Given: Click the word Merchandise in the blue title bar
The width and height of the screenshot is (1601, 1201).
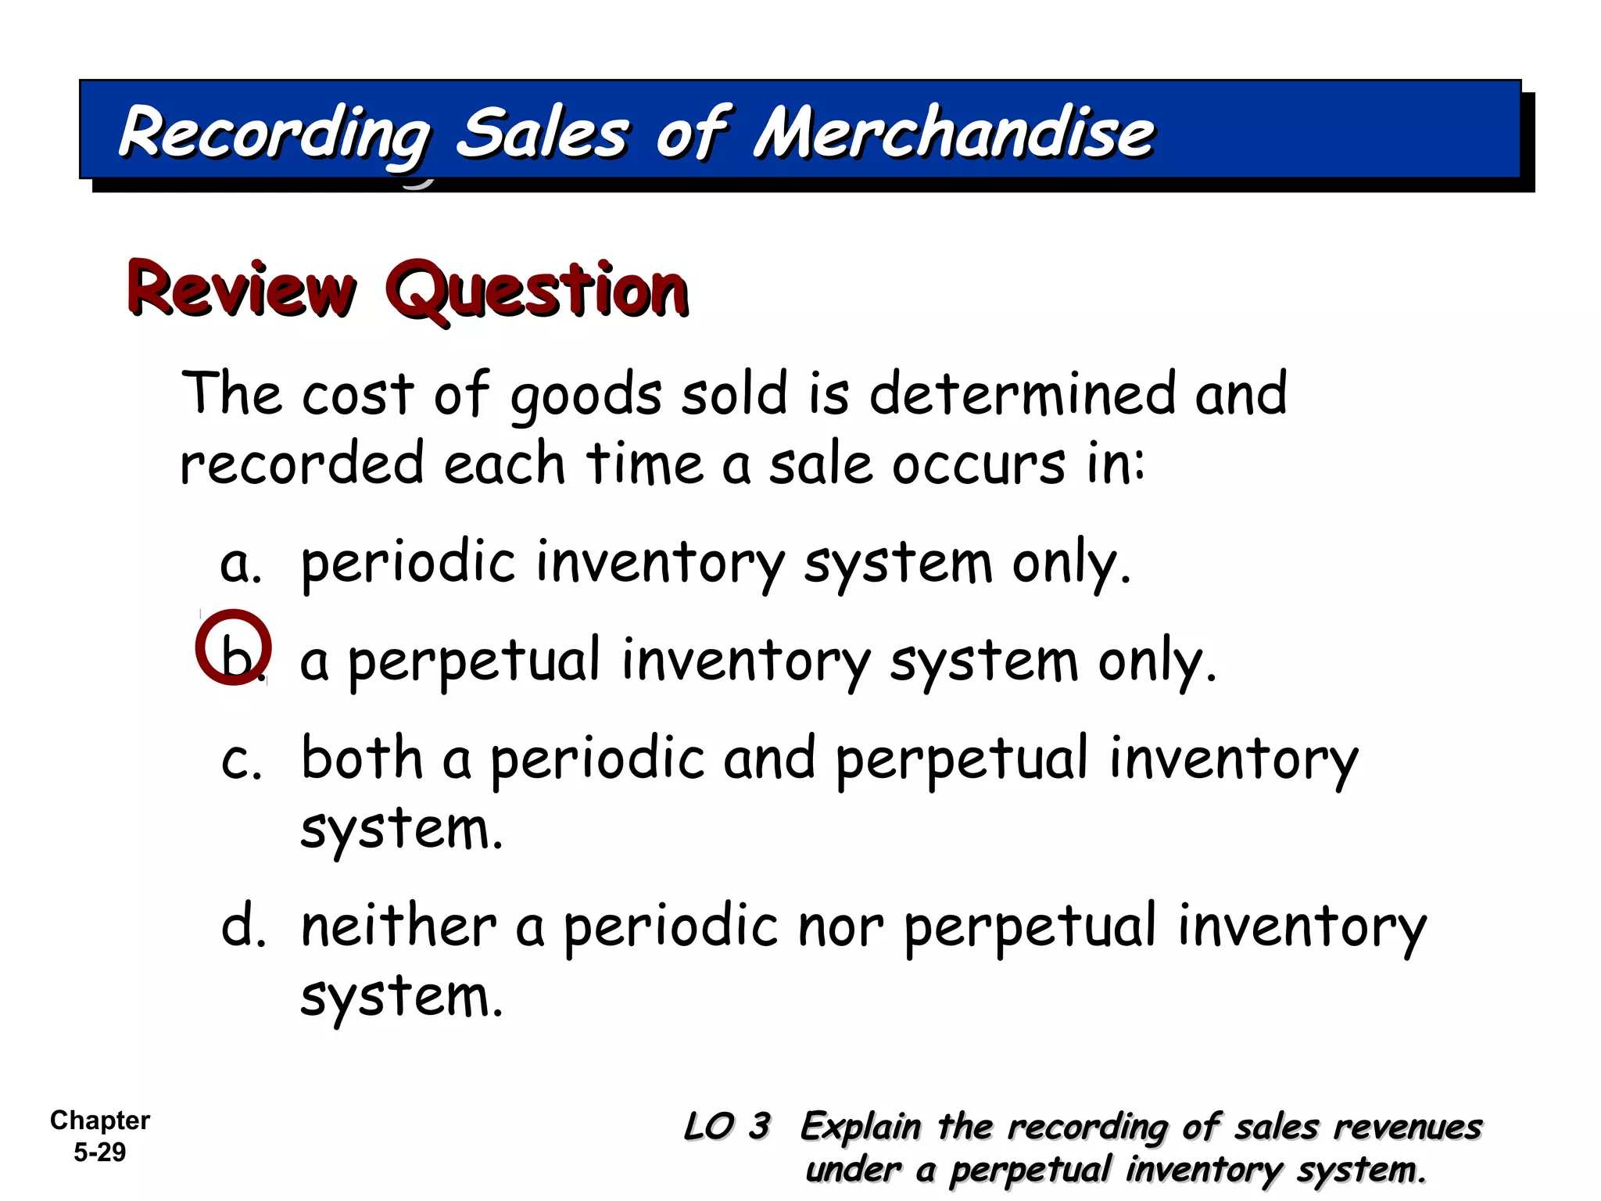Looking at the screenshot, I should point(954,133).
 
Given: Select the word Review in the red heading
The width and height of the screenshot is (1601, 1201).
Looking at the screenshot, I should point(242,289).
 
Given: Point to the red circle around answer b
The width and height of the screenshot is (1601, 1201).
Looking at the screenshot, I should point(233,647).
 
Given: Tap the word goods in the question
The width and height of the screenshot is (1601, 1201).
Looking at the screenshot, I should point(586,396).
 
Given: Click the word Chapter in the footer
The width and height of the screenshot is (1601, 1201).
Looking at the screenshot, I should point(100,1120).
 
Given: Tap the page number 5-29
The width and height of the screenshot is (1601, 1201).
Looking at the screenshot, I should point(100,1152).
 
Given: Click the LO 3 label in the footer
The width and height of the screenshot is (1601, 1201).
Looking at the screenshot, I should point(727,1127).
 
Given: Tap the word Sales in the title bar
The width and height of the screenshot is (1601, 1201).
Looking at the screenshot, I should point(543,133).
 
